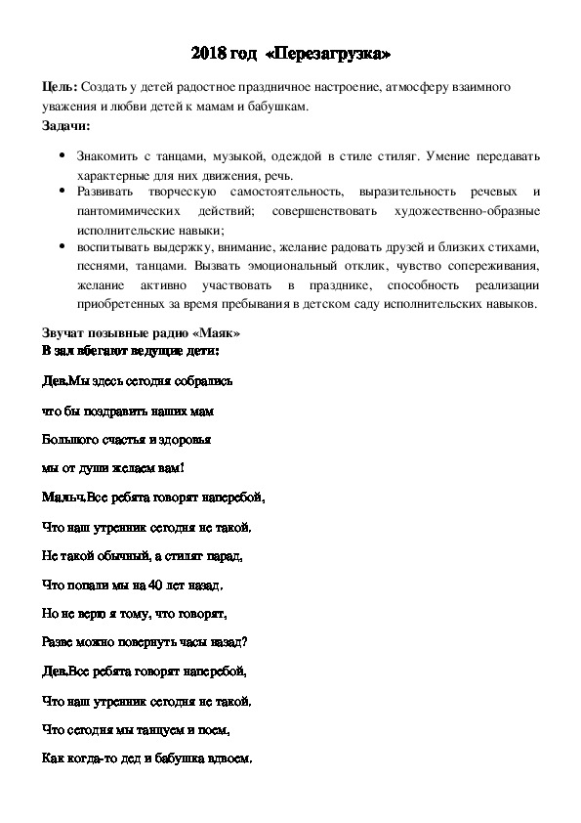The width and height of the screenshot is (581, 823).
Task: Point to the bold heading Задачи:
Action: [x=67, y=126]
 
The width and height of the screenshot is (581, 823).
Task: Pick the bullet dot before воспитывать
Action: [x=63, y=246]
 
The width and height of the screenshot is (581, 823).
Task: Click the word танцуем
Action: [x=152, y=729]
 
